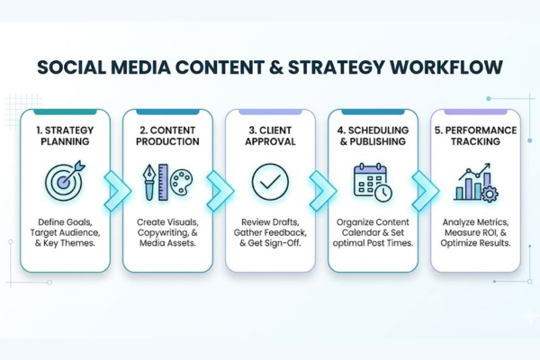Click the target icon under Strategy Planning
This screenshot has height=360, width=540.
[64, 180]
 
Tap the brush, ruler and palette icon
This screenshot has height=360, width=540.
[166, 181]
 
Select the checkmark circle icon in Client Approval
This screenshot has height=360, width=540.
[269, 181]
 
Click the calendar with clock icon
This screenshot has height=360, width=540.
[372, 181]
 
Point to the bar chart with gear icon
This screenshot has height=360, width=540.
[474, 181]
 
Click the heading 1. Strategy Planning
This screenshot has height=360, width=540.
[64, 135]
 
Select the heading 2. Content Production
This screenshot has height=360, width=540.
[166, 135]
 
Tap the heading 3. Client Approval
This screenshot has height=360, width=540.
[269, 135]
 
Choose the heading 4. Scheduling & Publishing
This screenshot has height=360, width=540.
[372, 135]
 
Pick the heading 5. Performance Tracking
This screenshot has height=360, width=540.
[474, 135]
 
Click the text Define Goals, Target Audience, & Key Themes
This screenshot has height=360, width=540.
[64, 232]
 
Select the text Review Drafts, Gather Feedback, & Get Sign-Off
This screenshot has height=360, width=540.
[269, 232]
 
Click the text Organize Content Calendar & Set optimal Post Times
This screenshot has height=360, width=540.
[372, 232]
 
